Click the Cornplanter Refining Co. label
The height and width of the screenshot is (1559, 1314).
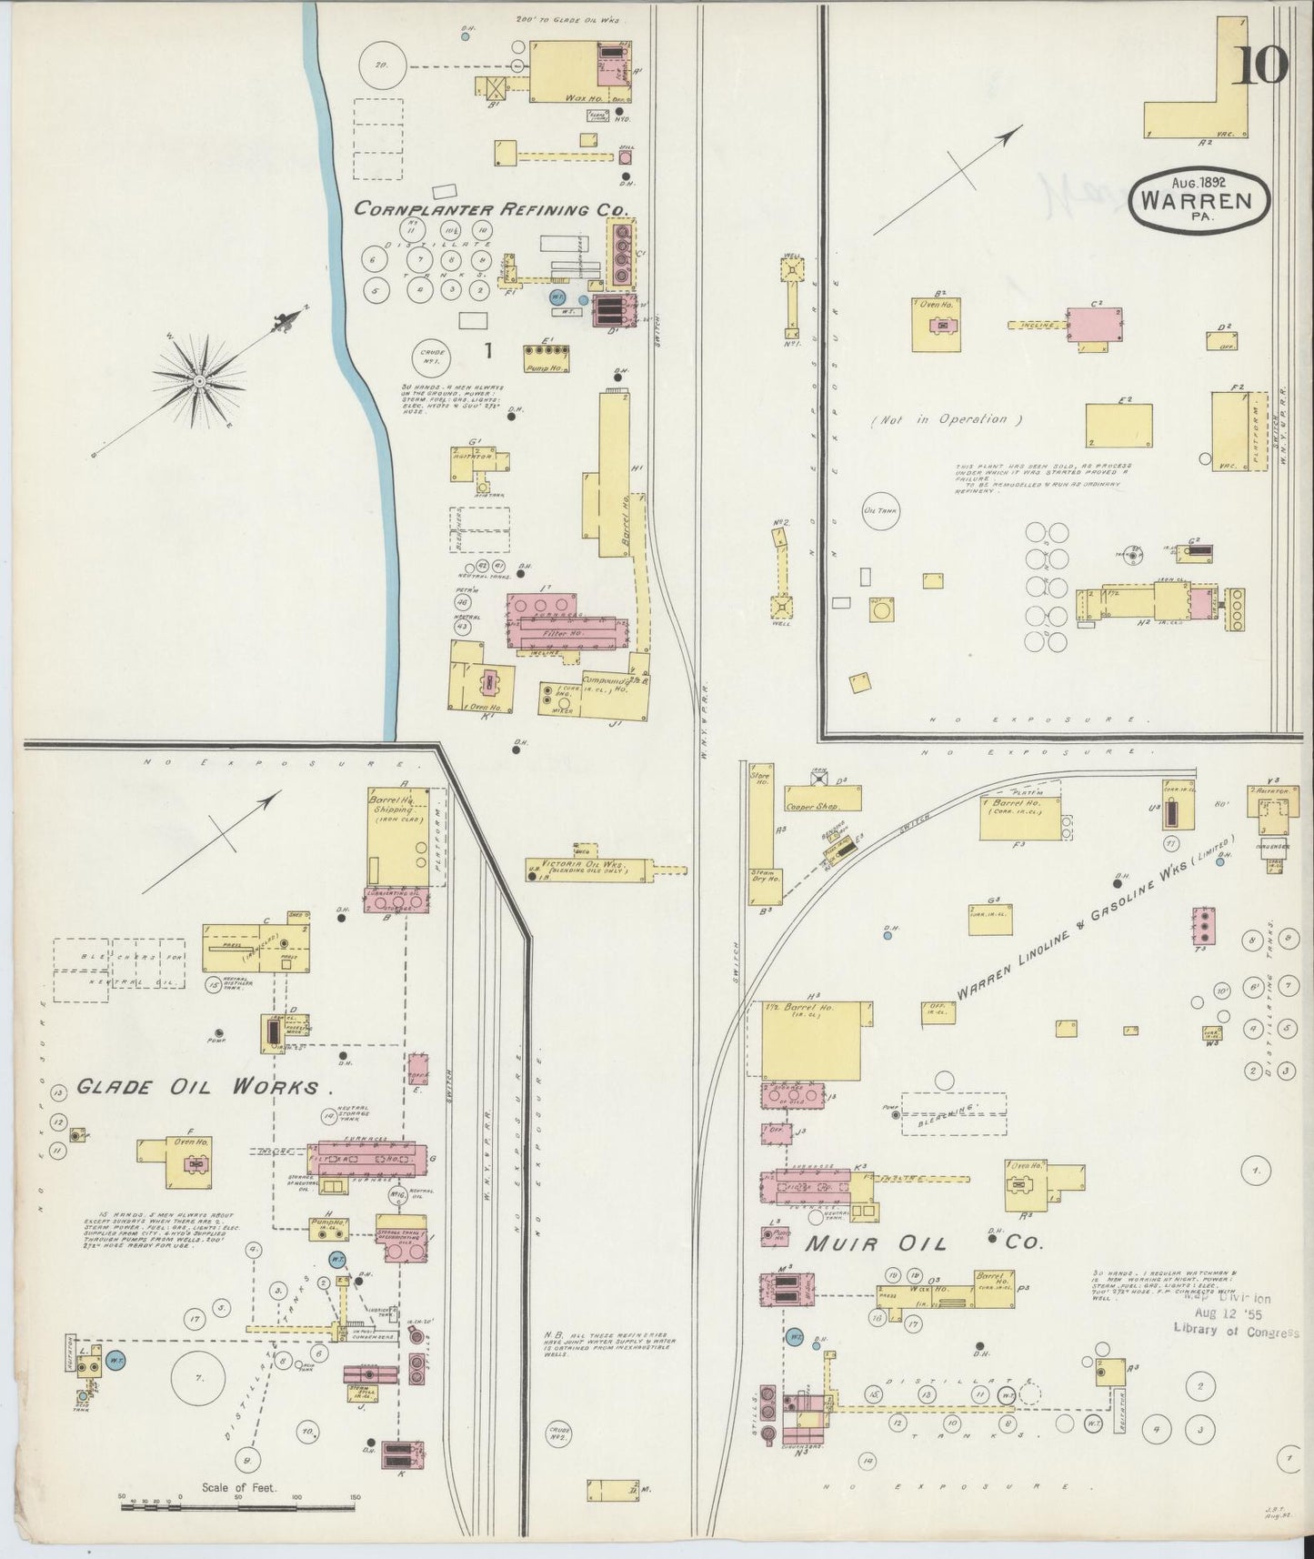click(491, 208)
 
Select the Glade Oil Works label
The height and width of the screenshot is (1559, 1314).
click(197, 1086)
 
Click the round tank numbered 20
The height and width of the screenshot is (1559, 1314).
click(381, 65)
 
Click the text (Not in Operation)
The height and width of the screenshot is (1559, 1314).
click(947, 420)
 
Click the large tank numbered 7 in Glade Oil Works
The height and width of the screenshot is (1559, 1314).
click(198, 1379)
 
